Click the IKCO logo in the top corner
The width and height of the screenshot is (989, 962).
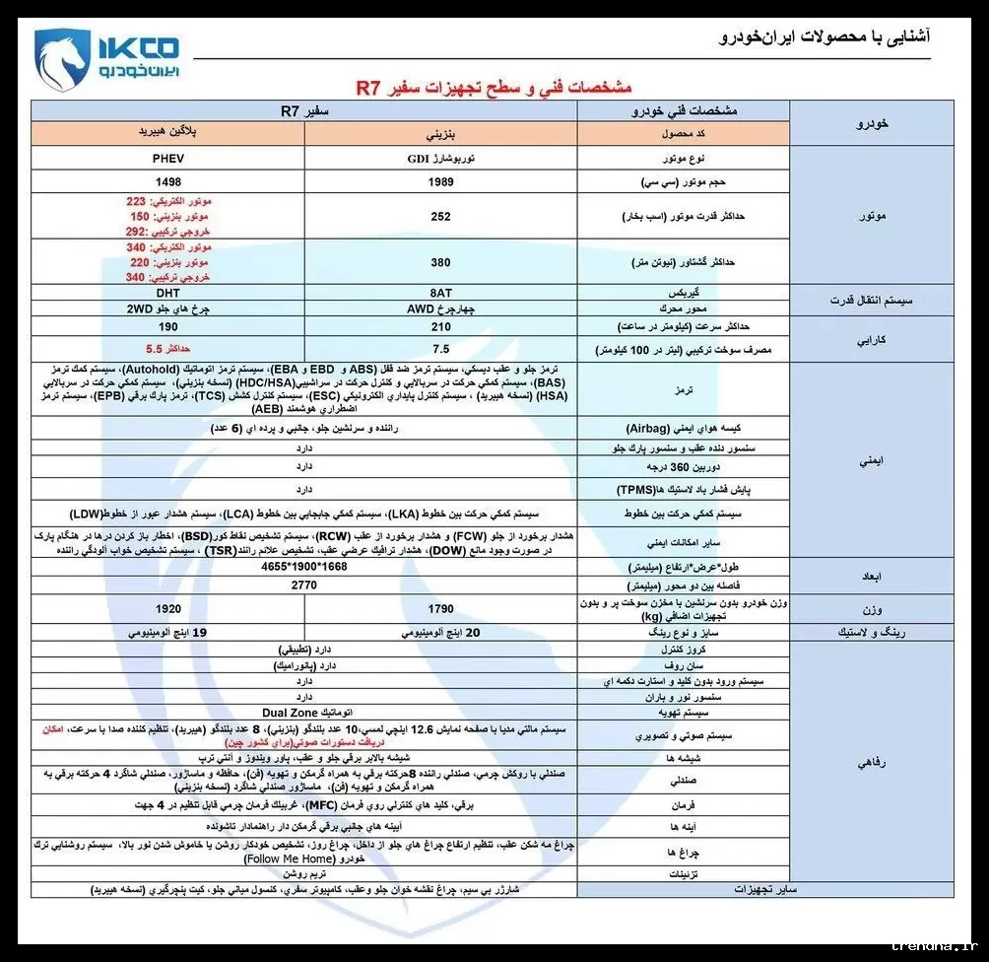(x=105, y=56)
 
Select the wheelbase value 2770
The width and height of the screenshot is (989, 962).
(x=303, y=584)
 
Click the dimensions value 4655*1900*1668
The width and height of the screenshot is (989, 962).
(x=304, y=569)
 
